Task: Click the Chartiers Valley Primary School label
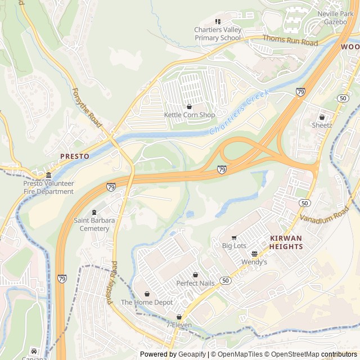pos(217,34)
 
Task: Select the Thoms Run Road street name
pos(290,40)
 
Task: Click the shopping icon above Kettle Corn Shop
pos(189,106)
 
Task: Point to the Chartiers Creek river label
pos(239,112)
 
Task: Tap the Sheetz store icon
pos(322,117)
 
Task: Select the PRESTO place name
pos(75,156)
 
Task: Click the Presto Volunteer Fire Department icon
pos(48,175)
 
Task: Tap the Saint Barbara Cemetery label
pos(94,224)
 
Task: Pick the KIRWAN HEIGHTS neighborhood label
pos(286,242)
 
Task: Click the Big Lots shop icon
pos(234,237)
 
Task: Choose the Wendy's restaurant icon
pos(254,254)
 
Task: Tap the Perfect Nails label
pos(195,283)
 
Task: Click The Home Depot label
pos(147,302)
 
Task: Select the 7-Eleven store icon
pos(179,317)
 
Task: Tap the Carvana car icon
pos(34,352)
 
